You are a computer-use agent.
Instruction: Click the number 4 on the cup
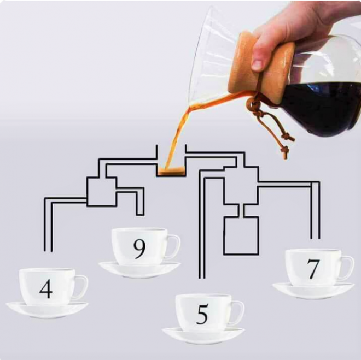46,288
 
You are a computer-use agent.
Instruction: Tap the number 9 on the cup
139,249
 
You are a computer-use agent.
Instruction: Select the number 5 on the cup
202,314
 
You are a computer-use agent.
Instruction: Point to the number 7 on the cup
313,269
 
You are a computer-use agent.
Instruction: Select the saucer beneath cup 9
139,269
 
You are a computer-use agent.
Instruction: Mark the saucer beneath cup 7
313,291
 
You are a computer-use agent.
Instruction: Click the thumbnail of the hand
257,65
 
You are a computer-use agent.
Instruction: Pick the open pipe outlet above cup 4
48,251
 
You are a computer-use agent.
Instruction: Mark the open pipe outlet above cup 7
315,238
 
